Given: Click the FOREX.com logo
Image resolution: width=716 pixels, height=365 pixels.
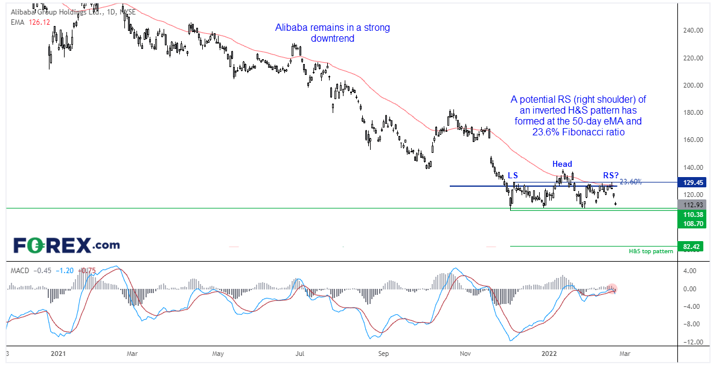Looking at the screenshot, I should pyautogui.click(x=66, y=245).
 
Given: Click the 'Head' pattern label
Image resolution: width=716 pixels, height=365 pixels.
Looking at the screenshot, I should pyautogui.click(x=562, y=164).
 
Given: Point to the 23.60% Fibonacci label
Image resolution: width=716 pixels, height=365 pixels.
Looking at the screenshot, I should pyautogui.click(x=630, y=181).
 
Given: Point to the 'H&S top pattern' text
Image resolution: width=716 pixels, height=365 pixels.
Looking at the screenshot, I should pyautogui.click(x=651, y=251).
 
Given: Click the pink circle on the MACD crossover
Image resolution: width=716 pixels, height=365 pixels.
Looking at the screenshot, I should pyautogui.click(x=612, y=289).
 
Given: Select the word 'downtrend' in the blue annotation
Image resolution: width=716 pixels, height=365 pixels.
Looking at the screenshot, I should pyautogui.click(x=332, y=39).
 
